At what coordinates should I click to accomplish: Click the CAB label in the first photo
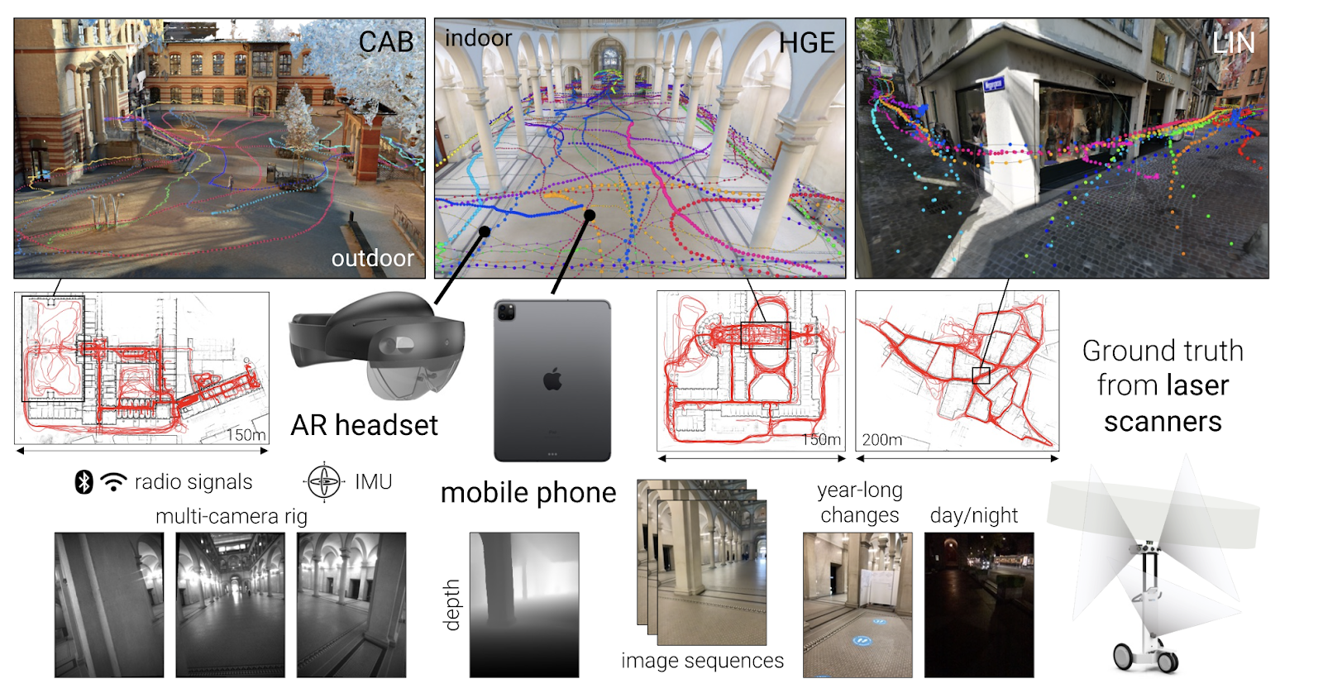coord(385,42)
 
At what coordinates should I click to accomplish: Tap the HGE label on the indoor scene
coord(806,43)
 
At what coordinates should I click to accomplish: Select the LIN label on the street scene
coord(1233,43)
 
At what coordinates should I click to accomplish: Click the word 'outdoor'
coord(372,258)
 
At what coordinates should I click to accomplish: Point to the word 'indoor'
coord(478,38)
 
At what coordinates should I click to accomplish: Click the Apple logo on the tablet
coord(552,380)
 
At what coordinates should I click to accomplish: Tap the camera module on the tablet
coord(506,312)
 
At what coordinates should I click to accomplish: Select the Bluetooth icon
coord(84,482)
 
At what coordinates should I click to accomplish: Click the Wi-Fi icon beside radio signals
coord(113,482)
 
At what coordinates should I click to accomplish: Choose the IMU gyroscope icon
coord(323,481)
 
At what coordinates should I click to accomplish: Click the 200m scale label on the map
coord(881,440)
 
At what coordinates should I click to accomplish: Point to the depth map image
coord(523,605)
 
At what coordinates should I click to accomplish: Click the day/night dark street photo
coord(978,605)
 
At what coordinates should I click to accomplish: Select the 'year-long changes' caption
coord(859,503)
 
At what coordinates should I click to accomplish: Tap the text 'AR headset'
coord(364,425)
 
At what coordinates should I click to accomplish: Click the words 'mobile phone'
coord(528,493)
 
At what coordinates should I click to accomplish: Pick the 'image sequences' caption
coord(702,661)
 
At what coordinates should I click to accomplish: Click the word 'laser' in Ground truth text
coord(1196,385)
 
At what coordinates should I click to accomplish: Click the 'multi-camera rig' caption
coord(232,517)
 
